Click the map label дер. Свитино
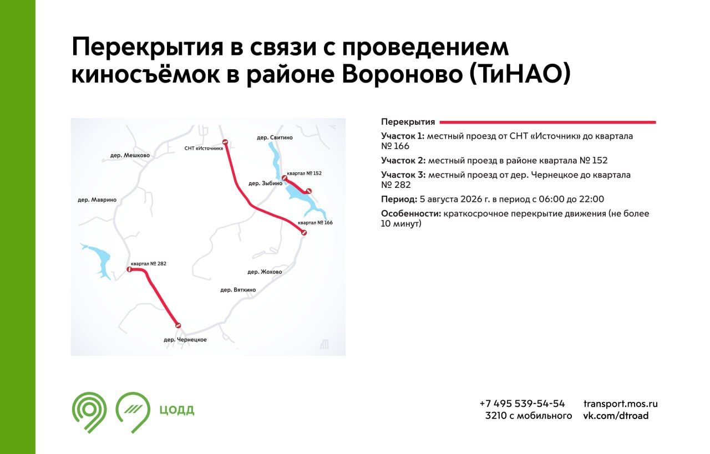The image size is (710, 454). (275, 137)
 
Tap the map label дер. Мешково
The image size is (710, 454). (130, 155)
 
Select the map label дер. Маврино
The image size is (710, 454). (97, 200)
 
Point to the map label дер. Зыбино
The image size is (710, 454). (265, 183)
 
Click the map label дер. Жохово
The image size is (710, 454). (265, 272)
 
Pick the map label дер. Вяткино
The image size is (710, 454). (238, 289)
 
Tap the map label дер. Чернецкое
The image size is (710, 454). (185, 339)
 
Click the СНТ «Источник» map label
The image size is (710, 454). (204, 148)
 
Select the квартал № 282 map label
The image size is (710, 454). (148, 263)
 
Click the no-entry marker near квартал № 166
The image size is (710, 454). (303, 233)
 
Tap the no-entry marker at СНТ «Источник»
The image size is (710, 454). (225, 142)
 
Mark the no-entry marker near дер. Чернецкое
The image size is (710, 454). (178, 325)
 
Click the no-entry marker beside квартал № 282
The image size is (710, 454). (129, 269)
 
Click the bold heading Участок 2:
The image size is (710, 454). (403, 160)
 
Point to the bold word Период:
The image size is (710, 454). (399, 199)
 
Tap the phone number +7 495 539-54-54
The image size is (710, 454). (522, 404)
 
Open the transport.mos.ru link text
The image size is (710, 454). (620, 404)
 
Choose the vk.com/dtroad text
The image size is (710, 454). (616, 415)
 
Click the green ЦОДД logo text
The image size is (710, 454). (176, 410)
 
